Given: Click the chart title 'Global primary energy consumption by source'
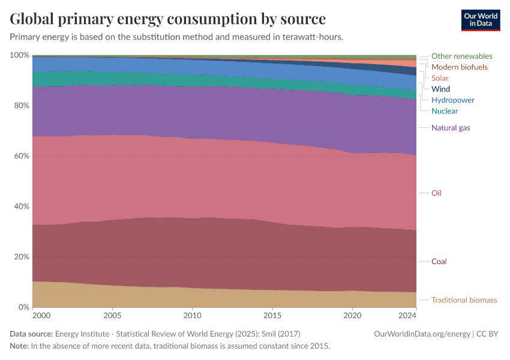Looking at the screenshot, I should (x=168, y=19).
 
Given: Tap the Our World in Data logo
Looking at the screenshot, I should (x=481, y=20).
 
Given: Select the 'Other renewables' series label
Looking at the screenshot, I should (x=461, y=56).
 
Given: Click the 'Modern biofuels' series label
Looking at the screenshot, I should (x=459, y=67).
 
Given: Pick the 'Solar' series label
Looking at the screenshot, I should (x=440, y=78).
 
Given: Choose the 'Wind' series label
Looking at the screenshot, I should (x=440, y=89).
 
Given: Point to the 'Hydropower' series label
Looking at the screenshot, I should (x=452, y=100).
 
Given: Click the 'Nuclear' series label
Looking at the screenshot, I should (x=445, y=111).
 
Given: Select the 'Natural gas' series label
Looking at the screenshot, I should (x=451, y=128).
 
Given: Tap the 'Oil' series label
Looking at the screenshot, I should (x=436, y=193).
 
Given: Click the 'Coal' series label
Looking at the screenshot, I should (x=439, y=262).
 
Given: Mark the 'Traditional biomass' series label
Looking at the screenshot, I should (x=464, y=300).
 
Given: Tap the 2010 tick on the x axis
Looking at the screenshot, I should (x=192, y=315).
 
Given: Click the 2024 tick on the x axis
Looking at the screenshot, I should (x=407, y=315).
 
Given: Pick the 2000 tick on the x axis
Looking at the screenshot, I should (x=41, y=315).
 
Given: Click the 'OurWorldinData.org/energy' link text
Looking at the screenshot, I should (x=422, y=334).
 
